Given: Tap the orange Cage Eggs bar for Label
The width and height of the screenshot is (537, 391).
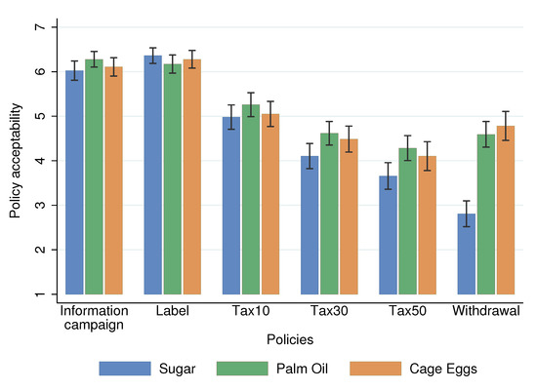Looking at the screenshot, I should [x=191, y=176].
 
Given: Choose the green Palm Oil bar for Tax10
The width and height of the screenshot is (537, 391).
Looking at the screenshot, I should [x=251, y=199].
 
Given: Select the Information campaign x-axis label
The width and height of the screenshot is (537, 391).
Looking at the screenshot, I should [x=94, y=318].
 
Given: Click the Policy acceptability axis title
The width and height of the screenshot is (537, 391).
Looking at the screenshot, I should [x=15, y=160].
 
